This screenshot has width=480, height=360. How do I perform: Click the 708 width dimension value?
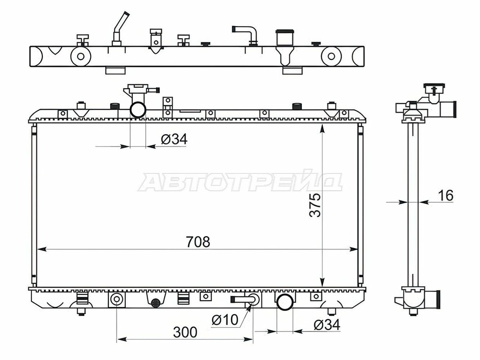pos(198,242)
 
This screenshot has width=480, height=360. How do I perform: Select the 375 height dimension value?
pos(315,205)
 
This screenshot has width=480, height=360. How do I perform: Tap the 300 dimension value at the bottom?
pos(185,332)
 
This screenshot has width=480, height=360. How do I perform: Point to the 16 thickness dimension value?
pos(446,195)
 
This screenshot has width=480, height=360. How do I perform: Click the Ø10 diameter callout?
pos(225,320)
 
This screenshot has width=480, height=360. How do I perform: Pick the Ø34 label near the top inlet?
pos(174,139)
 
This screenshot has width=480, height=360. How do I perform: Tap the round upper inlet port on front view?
pos(138,110)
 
